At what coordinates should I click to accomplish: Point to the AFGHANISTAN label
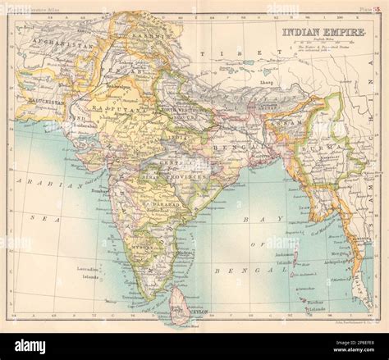tap(51, 43)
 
